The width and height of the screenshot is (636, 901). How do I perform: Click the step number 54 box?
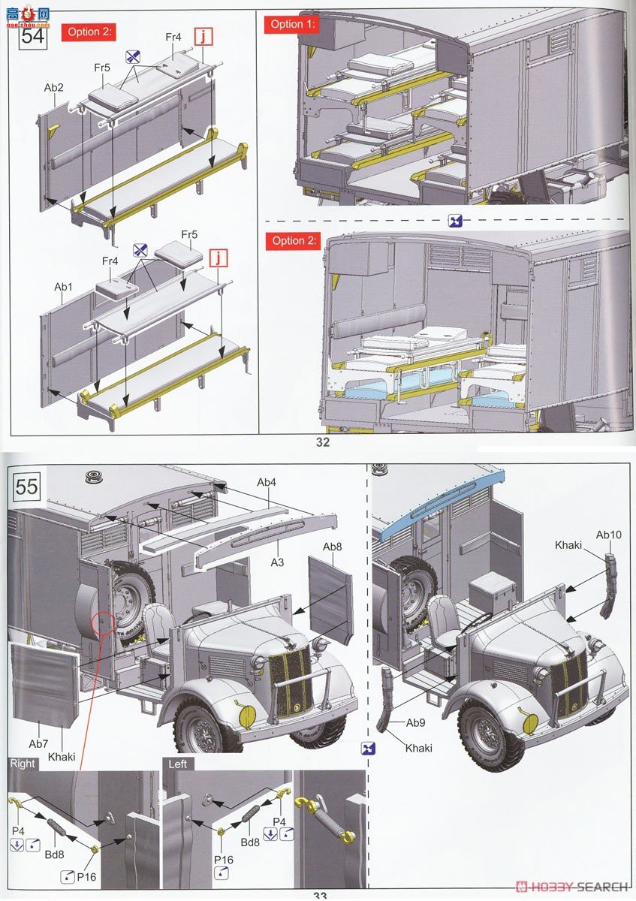[33, 37]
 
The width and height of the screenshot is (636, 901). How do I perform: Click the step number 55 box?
[27, 487]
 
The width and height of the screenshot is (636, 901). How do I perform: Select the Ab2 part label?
[54, 88]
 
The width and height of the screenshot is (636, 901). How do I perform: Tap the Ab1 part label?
[64, 287]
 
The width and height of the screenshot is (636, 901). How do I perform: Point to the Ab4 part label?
[267, 482]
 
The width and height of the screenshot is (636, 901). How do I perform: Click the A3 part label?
[277, 562]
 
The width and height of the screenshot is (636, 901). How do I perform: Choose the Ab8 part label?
[333, 547]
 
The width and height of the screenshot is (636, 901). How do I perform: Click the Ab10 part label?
[609, 535]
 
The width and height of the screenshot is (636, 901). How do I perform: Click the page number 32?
[323, 442]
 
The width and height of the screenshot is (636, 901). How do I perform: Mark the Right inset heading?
[23, 764]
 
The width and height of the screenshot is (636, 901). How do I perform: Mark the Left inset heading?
[178, 764]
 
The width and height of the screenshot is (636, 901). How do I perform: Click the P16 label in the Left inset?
[223, 860]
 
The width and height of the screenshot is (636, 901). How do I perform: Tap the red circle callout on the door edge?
[104, 622]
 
